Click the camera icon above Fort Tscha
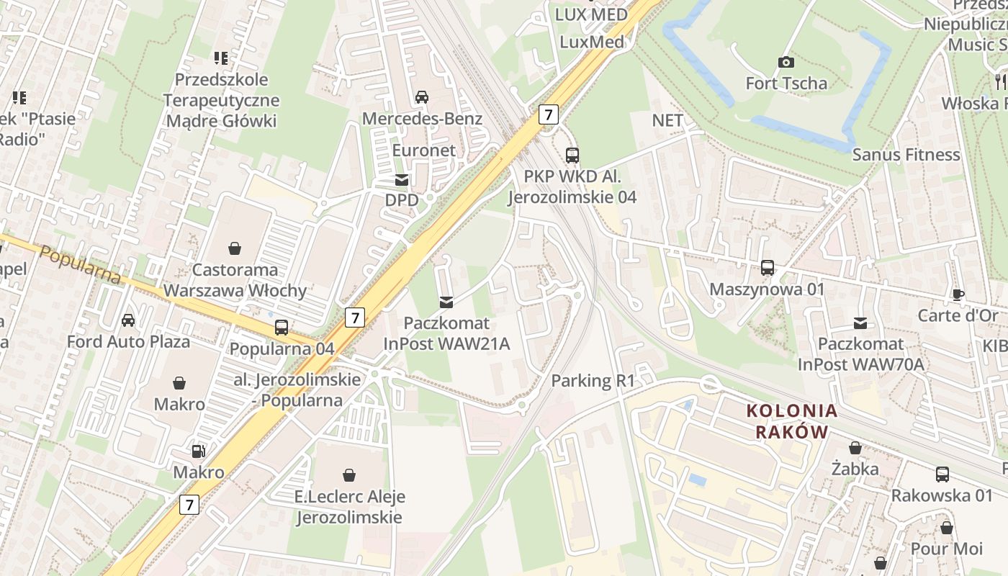click(786, 63)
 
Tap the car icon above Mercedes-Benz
click(422, 96)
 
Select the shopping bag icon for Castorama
click(235, 249)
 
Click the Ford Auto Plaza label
click(128, 341)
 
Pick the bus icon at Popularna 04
click(282, 328)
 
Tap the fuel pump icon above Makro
click(198, 451)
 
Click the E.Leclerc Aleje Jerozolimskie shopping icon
click(349, 475)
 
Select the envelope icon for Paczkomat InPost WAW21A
click(446, 302)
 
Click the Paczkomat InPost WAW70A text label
click(860, 354)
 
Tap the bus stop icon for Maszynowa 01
click(768, 268)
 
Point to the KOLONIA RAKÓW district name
click(792, 421)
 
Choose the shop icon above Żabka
click(855, 448)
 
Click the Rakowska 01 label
click(942, 495)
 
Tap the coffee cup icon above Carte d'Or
click(958, 294)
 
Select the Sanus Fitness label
click(906, 155)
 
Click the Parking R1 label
click(593, 381)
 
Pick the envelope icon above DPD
click(402, 180)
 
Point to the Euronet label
click(424, 150)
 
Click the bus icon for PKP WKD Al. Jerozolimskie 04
click(572, 155)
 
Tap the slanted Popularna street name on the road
click(80, 265)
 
